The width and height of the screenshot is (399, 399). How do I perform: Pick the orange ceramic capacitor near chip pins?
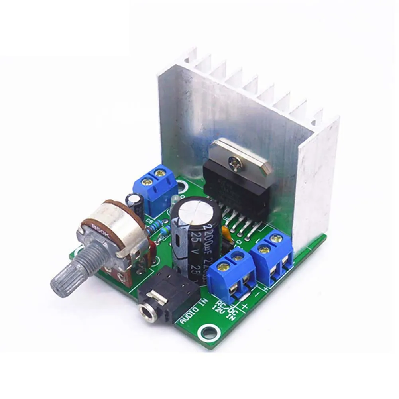click(x=226, y=233)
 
